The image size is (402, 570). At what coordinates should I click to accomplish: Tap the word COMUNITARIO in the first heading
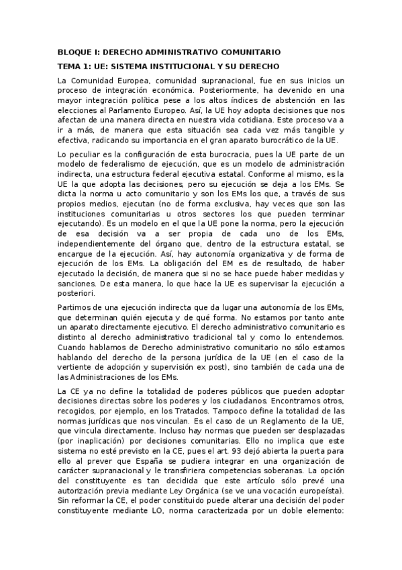click(x=251, y=52)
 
